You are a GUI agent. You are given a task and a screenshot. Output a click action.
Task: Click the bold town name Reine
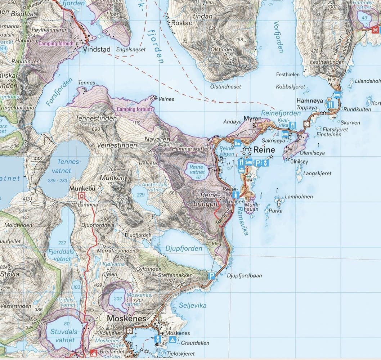click(264, 150)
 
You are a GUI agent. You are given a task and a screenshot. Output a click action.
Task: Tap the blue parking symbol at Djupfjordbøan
click(212, 276)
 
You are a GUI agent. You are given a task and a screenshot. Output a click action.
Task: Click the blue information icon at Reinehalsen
click(236, 195)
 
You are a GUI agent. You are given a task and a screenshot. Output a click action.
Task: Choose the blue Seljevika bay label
click(193, 305)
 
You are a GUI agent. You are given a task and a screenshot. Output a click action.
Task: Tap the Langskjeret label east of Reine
click(317, 174)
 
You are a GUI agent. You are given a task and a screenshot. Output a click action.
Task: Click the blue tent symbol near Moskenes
click(172, 340)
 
